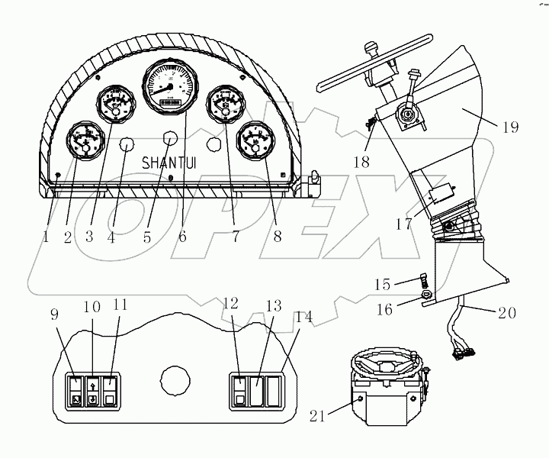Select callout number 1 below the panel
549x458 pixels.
[x=46, y=237]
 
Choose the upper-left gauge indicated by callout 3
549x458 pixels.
[x=114, y=105]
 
